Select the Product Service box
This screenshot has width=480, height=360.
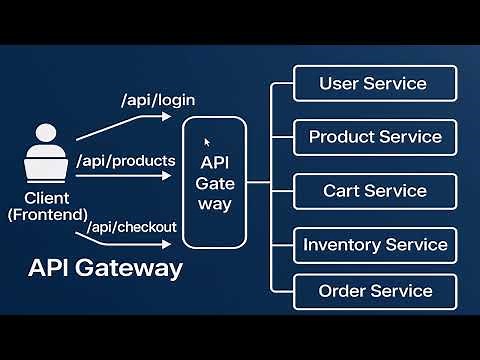[x=375, y=137]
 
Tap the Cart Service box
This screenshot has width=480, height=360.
[x=375, y=191]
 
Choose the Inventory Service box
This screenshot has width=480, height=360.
[x=375, y=245]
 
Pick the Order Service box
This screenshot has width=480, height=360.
[x=375, y=291]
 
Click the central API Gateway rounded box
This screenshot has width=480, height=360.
[x=215, y=183]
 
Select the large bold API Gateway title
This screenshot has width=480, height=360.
[x=105, y=268]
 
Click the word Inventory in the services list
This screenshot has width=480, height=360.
[x=343, y=245]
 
